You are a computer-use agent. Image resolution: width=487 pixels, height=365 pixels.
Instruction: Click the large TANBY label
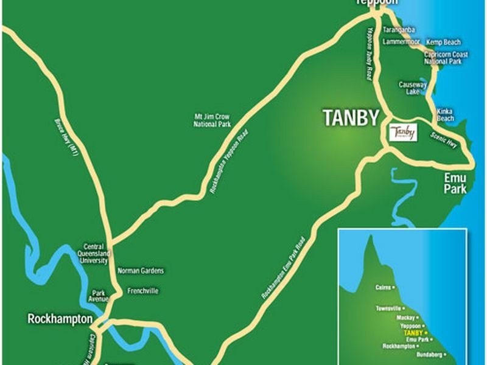point(351,117)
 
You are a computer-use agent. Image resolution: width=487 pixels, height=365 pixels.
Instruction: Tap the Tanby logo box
point(403,132)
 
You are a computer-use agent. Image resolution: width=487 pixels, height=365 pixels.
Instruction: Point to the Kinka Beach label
point(446,115)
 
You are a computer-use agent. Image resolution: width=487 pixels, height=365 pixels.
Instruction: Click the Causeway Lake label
point(410,88)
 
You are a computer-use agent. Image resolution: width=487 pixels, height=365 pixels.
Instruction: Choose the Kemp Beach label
point(443,43)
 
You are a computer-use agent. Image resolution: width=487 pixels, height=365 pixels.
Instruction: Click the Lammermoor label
point(401,42)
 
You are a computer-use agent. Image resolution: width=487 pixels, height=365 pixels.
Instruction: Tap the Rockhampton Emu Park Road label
point(283,267)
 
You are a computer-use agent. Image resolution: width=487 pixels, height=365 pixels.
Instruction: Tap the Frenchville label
point(143,291)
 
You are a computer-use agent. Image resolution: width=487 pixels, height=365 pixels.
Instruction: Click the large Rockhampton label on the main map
point(60,319)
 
